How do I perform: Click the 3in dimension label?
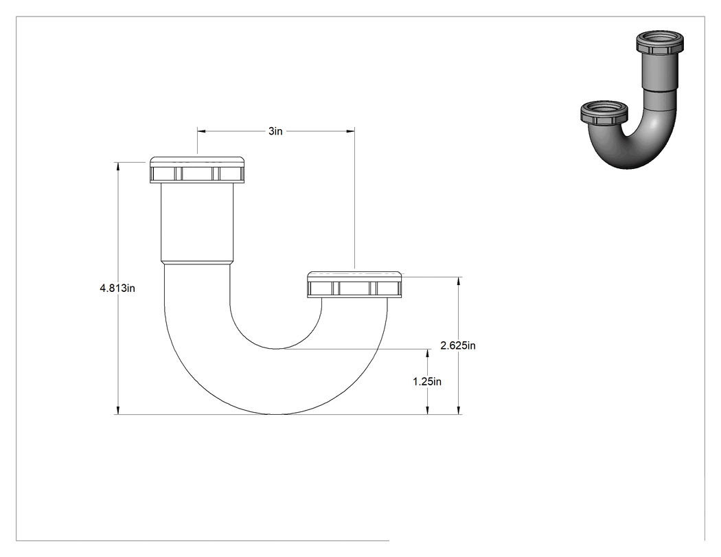pos(275,131)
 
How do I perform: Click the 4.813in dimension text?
pos(117,288)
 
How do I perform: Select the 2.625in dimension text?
pos(458,345)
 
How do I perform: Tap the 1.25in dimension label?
pos(427,382)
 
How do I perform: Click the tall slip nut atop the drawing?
pos(197,170)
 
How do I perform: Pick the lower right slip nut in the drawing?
pos(354,285)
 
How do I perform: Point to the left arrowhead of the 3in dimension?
pos(202,131)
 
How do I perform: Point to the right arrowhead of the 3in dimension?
pos(350,131)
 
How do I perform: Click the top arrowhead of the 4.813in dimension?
pos(118,166)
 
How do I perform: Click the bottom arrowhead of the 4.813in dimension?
pos(118,410)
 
